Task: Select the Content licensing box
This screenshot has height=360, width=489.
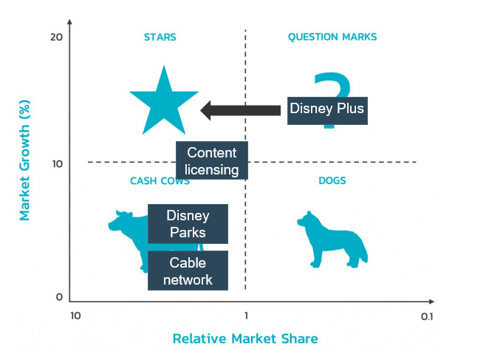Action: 212,161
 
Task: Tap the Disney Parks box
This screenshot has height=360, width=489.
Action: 187,224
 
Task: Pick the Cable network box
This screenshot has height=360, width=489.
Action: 187,271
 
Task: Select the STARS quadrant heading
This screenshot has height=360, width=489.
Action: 160,37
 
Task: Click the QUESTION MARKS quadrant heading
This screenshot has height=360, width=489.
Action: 332,37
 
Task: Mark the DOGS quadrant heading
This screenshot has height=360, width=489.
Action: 332,180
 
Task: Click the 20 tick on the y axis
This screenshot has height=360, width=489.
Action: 55,38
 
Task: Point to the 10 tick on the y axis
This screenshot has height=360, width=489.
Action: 55,163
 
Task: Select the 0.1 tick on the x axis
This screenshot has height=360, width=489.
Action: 425,316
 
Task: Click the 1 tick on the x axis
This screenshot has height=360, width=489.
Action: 245,316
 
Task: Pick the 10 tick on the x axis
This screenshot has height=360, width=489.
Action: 75,316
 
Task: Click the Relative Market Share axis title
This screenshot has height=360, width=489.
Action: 245,339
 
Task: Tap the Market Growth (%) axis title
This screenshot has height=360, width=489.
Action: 24,162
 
